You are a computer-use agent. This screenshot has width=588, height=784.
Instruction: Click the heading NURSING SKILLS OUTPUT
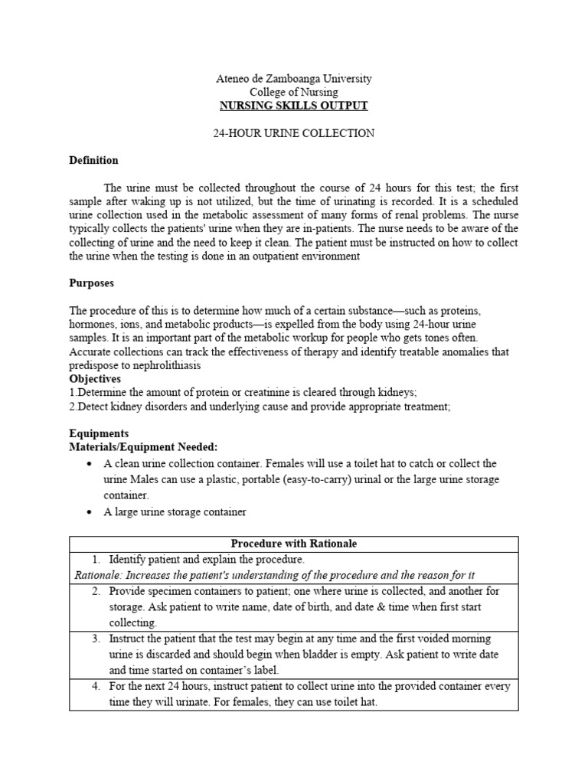tap(294, 106)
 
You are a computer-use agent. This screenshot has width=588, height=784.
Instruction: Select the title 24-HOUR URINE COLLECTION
tap(294, 133)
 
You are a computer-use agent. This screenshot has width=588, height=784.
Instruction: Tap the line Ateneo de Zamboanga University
tap(294, 79)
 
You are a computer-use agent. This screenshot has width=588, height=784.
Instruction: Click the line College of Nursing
tap(294, 92)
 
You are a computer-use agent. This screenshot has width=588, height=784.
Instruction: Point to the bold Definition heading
tap(93, 161)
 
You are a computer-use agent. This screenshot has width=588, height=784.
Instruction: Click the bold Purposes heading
tap(91, 283)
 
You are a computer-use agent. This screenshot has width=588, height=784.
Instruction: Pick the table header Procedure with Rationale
tap(293, 544)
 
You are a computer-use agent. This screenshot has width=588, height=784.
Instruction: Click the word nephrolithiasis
tap(162, 365)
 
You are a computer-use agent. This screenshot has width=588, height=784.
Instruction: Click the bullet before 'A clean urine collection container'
tap(90, 464)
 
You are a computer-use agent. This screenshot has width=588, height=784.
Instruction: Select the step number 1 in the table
tap(96, 560)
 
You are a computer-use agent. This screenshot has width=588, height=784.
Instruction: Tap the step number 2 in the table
tap(96, 591)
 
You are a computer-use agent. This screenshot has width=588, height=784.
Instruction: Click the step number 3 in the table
tap(96, 639)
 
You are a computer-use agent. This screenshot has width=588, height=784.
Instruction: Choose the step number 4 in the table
tap(96, 686)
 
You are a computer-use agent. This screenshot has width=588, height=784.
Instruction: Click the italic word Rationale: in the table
tap(97, 575)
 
